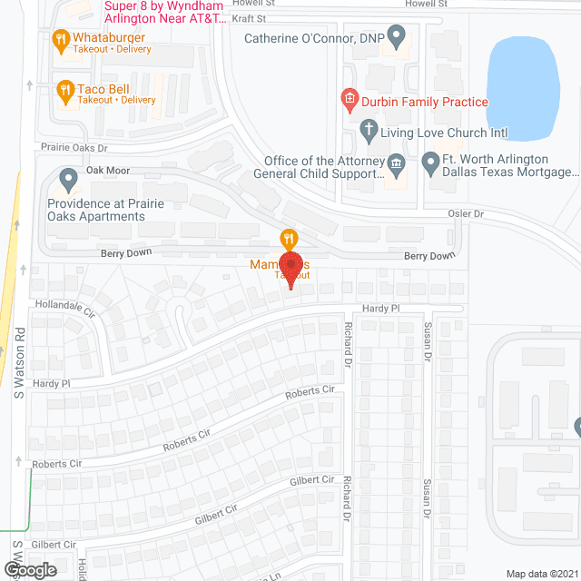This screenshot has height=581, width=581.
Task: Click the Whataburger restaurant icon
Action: coord(61,39)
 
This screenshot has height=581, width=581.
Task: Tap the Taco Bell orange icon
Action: coord(64,89)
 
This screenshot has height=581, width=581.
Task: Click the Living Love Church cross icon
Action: coord(368,132)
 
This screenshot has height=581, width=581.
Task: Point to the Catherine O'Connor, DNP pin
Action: coord(395,37)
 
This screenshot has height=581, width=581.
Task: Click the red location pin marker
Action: coord(290,270)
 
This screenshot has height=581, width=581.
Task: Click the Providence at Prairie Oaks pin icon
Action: coord(67,177)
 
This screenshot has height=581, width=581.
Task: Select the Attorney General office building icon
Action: coord(396,164)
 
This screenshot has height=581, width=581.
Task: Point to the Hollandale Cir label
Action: coord(64,307)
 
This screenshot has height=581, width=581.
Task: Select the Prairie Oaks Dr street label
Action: coord(74,146)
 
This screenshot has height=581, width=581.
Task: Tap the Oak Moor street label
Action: coord(108,171)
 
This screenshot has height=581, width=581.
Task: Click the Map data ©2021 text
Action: coord(541,573)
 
